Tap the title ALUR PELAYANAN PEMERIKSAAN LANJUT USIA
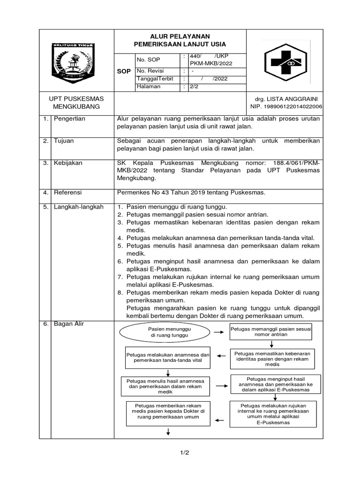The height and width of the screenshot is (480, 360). (180, 40)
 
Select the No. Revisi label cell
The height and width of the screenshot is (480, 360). (149, 71)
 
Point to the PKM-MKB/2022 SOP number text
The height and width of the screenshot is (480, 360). (210, 63)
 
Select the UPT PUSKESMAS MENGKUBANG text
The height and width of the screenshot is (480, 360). (76, 103)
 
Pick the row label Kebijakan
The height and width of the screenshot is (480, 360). (68, 163)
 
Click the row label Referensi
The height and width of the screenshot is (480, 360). (68, 192)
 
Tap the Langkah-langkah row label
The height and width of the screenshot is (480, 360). (78, 207)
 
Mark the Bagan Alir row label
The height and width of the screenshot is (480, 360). (68, 324)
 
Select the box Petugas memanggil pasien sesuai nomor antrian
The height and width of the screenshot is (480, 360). (271, 332)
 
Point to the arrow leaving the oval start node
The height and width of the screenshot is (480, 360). (218, 332)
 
